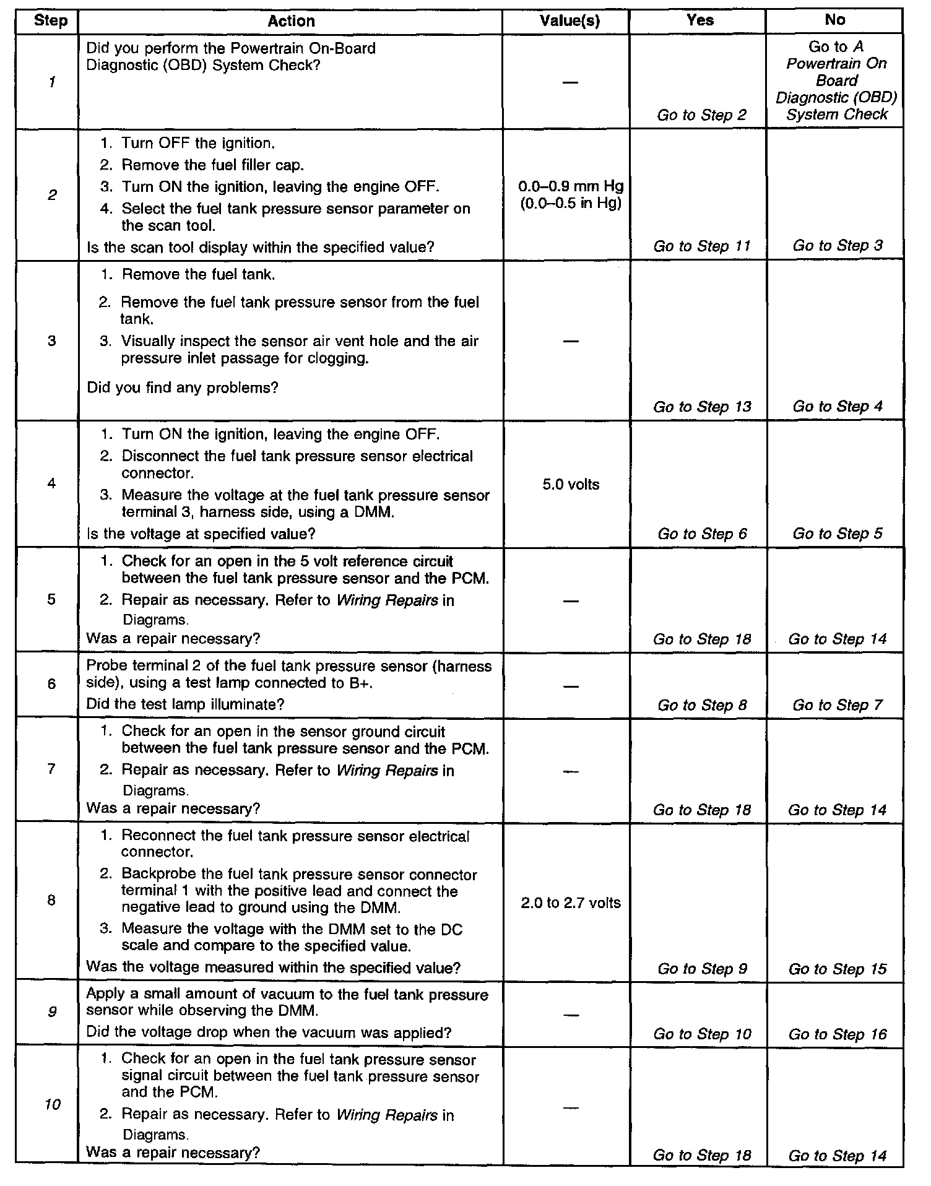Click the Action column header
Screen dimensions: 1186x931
pos(291,21)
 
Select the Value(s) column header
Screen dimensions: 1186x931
pos(569,21)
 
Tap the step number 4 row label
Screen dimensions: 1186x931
pos(51,483)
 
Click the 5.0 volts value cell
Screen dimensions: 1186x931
pos(571,485)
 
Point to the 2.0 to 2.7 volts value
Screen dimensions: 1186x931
pos(571,903)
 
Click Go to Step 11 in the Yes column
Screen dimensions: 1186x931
pos(702,246)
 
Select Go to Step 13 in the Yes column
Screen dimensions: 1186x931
pos(702,407)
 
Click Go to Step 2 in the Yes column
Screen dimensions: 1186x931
pos(702,115)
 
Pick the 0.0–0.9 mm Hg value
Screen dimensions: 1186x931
pos(571,186)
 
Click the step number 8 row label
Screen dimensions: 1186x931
pos(51,900)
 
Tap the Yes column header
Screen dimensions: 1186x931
pos(700,20)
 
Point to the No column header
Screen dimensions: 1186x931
pos(834,20)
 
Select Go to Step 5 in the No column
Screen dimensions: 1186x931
pos(837,534)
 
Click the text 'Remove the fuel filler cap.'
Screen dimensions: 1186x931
pos(212,165)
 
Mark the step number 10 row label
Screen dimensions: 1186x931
pos(53,1104)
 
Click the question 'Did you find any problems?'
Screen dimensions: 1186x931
pos(183,387)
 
